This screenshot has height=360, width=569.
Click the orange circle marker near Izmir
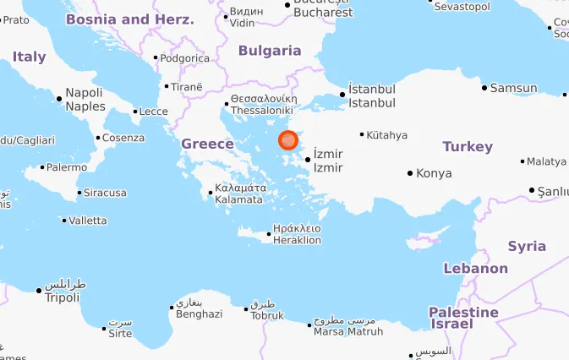coord(288,140)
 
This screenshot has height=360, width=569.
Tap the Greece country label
coord(207,145)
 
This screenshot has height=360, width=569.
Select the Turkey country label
coord(468,147)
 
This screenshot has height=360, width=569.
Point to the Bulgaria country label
coord(270,51)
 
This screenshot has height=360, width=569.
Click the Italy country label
coord(30,57)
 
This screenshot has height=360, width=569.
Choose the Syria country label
coord(527,247)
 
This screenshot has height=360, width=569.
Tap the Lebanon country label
coord(476,269)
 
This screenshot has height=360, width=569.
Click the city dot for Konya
coord(411,173)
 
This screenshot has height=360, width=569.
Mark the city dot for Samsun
coord(484,88)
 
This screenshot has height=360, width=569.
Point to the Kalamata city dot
coord(211,193)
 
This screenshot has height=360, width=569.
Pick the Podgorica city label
coord(185,58)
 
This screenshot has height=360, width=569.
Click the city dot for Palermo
coord(44,167)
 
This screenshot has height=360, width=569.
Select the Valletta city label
coord(89,221)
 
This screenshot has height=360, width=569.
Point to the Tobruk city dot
coord(246,309)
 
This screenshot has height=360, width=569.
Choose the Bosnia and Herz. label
coord(129,19)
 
